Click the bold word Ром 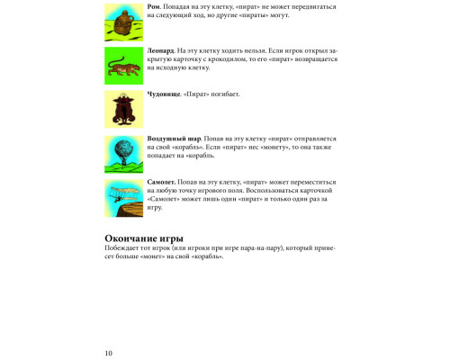pyautogui.click(x=153, y=7)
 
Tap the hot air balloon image pyautogui.click(x=121, y=152)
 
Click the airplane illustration pyautogui.click(x=121, y=197)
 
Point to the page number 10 pyautogui.click(x=108, y=352)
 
